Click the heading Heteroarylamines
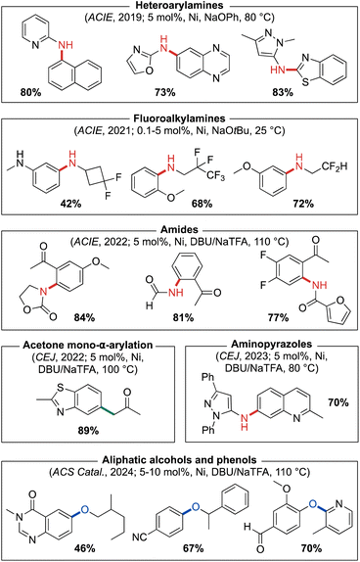pyautogui.click(x=180, y=8)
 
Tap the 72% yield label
pyautogui.click(x=311, y=202)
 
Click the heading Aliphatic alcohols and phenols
pyautogui.click(x=180, y=449)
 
